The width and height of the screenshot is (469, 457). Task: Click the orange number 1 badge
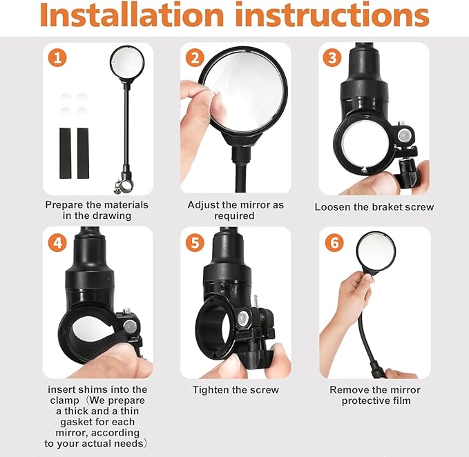pos(57,58)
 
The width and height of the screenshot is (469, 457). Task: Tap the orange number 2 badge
pos(195,58)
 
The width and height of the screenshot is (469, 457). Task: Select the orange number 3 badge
pos(332,58)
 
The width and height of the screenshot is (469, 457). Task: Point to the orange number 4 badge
pos(57,242)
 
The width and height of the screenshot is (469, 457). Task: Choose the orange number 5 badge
pos(195,242)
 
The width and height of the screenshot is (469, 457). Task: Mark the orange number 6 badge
pos(334,242)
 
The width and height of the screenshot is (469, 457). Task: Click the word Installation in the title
pos(132,14)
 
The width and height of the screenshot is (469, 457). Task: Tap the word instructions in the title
pos(332,14)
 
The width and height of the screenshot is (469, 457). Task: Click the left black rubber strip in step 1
pos(65,153)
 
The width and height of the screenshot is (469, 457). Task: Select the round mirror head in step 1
pos(127,64)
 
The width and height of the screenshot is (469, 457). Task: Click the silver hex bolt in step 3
pos(404,136)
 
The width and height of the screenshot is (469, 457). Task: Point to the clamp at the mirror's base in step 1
pos(124,186)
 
